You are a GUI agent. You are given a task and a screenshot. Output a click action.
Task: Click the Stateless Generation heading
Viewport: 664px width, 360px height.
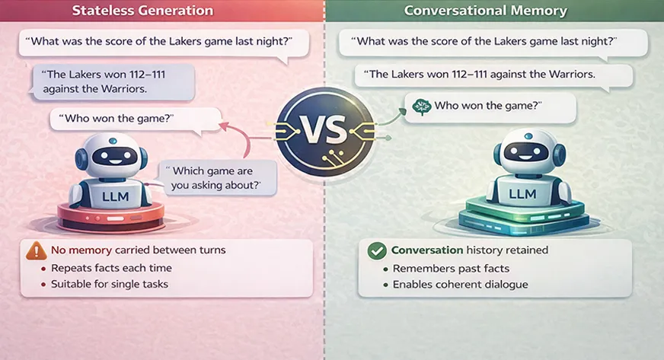[142, 11]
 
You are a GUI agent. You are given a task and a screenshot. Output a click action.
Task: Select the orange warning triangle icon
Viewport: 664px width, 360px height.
[36, 250]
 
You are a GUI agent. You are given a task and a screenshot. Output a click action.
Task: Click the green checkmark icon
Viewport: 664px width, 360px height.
[376, 250]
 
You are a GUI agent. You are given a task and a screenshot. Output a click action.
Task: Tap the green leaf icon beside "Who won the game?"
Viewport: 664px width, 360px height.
[418, 107]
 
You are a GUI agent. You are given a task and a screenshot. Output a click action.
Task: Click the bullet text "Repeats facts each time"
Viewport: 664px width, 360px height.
[110, 268]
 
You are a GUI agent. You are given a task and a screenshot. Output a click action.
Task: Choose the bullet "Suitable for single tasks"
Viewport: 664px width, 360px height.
[109, 285]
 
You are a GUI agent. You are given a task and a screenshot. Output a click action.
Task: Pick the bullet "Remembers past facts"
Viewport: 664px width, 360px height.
[451, 269]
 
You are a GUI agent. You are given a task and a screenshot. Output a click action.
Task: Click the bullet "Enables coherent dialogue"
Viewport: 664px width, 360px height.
[460, 285]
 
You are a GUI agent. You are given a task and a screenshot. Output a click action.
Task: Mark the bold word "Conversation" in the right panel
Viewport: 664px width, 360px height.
[427, 250]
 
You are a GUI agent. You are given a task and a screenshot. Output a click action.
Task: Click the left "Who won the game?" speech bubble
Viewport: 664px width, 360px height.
[122, 119]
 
